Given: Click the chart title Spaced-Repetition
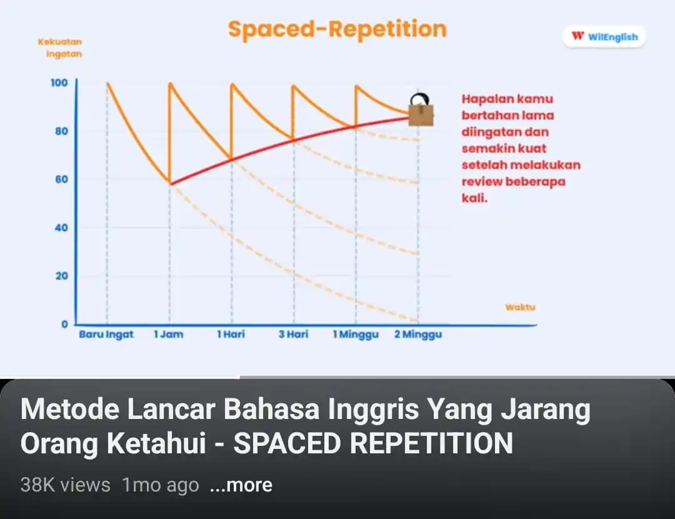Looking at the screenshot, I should pos(337,29).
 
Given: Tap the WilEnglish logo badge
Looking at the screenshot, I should pos(604,37).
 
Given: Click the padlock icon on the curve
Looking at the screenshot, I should pos(421,111).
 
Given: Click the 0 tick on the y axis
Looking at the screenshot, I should pos(64,324).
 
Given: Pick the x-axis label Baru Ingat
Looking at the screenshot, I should pos(106,335).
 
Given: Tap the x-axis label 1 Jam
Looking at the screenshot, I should pos(169,335).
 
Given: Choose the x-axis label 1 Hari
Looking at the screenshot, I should pos(231,335).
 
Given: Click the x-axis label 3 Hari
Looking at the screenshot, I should pos(293,335).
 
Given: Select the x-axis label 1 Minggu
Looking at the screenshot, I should pos(356,335).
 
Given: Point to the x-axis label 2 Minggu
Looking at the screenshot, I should pos(418,335).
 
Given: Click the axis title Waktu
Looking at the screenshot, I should pos(520,308).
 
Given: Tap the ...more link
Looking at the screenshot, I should pos(241,485).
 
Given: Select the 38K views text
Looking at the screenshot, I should pos(65,485).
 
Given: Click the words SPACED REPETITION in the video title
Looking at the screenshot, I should pos(372,444).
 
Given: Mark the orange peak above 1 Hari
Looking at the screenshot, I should pos(232,84).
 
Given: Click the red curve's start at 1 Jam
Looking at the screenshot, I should pos(171,183).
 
